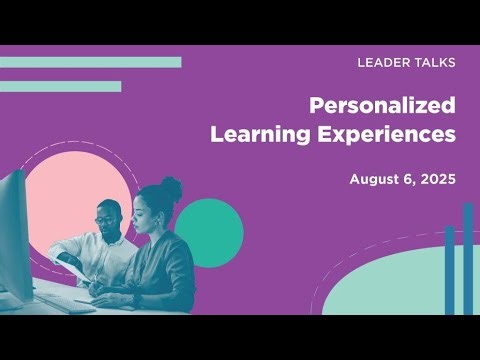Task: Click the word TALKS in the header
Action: click(x=433, y=63)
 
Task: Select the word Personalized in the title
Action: click(x=382, y=105)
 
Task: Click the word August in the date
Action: click(x=375, y=180)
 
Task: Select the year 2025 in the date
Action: click(x=438, y=180)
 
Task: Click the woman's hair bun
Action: click(x=171, y=187)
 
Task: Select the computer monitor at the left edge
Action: click(x=14, y=240)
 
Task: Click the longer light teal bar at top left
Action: click(x=90, y=62)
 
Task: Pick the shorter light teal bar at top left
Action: click(x=60, y=86)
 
